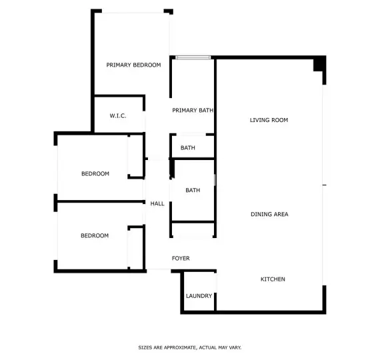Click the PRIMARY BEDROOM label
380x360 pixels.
tap(133, 65)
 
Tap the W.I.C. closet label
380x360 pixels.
tap(118, 115)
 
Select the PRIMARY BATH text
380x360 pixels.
tap(193, 110)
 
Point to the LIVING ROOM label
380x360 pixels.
tap(269, 120)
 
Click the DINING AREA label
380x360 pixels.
tap(269, 214)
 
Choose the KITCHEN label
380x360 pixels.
tap(273, 279)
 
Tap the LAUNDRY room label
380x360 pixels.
tap(199, 296)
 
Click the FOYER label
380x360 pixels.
tap(181, 258)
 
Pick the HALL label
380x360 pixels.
tap(157, 203)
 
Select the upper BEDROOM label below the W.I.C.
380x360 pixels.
tap(95, 173)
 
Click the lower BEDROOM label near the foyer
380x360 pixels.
tap(95, 235)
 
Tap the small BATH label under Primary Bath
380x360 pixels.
tap(188, 147)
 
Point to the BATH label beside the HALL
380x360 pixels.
tap(193, 190)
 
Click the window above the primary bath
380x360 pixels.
tap(193, 57)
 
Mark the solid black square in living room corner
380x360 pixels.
tap(319, 64)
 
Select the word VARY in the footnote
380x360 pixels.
tap(235, 347)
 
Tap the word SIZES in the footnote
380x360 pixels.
tap(145, 347)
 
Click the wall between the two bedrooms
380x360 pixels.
tap(100, 201)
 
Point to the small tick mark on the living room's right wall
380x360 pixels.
tap(324, 185)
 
